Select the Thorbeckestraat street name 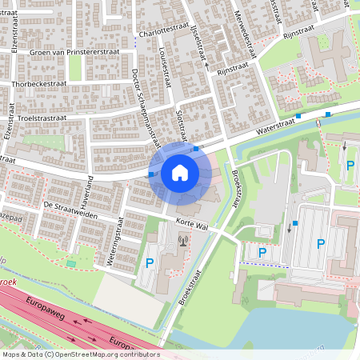[x=38, y=82]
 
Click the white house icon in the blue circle [x=180, y=173]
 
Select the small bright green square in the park [x=71, y=262]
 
